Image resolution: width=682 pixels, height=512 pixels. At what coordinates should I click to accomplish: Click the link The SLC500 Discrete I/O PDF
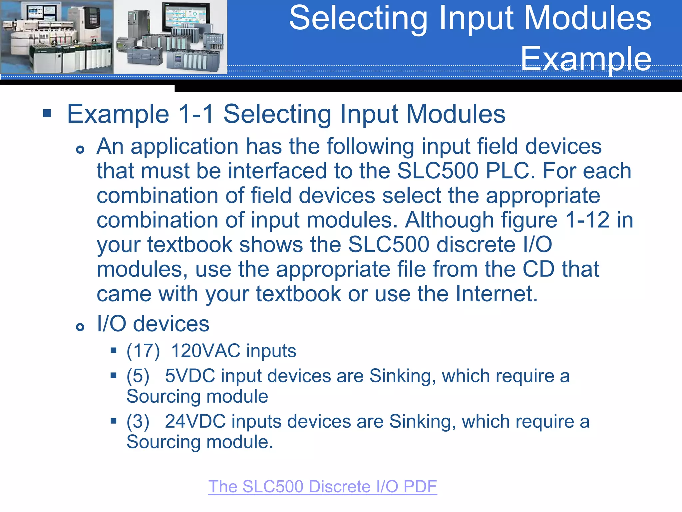[x=322, y=487]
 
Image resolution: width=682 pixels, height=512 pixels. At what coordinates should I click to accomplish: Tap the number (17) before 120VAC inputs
[x=143, y=351]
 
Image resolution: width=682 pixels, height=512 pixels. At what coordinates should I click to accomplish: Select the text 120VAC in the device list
[x=206, y=351]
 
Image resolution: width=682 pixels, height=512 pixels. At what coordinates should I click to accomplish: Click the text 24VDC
[x=195, y=421]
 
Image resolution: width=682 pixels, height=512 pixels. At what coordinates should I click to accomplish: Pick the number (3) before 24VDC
[x=138, y=421]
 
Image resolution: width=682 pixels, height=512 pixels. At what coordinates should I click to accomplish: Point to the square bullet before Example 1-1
[x=47, y=114]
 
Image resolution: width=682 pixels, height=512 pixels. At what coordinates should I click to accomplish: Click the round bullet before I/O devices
[x=80, y=327]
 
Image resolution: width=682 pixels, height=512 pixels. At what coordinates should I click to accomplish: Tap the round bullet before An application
[x=80, y=149]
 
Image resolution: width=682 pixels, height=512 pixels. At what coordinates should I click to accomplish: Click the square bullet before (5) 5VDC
[x=114, y=376]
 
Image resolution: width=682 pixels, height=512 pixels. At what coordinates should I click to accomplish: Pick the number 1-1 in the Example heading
[x=196, y=114]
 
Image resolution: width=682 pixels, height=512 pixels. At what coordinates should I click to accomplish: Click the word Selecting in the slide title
[x=358, y=18]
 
